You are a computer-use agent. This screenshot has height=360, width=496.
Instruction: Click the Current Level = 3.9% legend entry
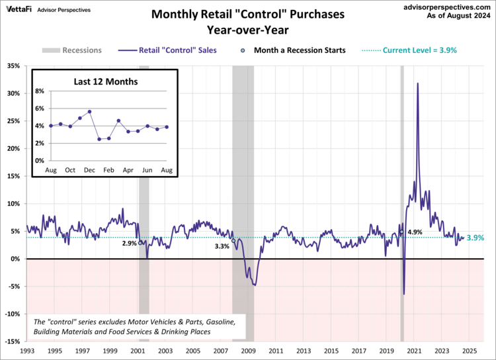coord(411,50)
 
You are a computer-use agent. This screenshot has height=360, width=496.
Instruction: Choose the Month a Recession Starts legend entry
coord(300,50)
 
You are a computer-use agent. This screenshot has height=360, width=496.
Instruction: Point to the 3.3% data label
coord(222,246)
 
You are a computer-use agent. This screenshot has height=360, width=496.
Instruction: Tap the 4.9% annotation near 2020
coord(415,232)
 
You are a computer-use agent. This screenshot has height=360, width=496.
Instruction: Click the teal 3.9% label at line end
coord(475,238)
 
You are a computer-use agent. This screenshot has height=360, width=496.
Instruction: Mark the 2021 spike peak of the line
coord(417,83)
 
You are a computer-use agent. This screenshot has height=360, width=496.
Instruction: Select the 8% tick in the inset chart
coord(39,91)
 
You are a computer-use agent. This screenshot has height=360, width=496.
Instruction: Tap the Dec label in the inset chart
coord(89,171)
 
